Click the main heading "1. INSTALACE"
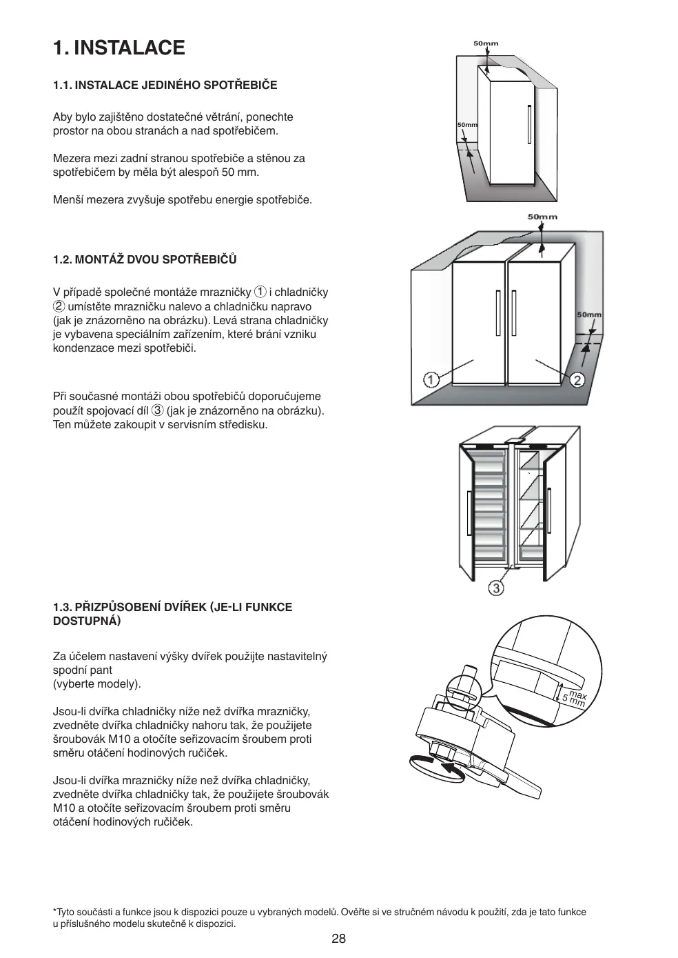[119, 48]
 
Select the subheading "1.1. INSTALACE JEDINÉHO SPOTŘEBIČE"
[165, 85]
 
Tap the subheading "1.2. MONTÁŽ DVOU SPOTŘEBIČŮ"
[145, 260]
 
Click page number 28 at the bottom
[338, 939]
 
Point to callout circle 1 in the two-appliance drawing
[431, 379]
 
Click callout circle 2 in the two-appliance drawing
[577, 379]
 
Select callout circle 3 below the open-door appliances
[496, 588]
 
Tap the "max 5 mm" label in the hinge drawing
[574, 699]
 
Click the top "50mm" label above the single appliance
[486, 43]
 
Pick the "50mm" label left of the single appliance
[467, 125]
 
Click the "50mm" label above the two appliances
[542, 217]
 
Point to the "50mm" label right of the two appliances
[589, 315]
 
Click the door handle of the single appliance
[529, 125]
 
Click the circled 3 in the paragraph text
[157, 410]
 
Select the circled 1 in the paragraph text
[260, 292]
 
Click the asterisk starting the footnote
[55, 911]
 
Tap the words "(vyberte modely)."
[97, 684]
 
